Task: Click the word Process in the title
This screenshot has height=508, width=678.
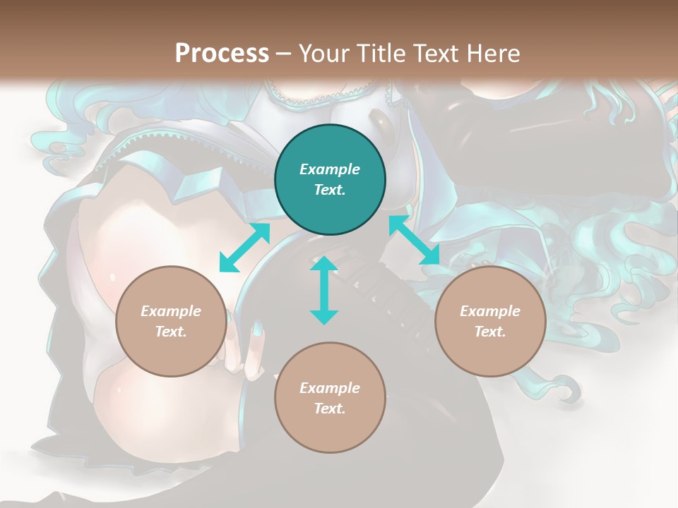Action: point(222,54)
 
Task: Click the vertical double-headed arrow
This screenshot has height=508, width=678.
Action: point(324,290)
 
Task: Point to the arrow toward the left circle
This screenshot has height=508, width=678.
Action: point(244,248)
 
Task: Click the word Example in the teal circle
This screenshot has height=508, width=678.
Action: point(330,169)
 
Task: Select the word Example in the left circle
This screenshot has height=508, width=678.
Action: point(171,311)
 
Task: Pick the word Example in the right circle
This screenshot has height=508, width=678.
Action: point(490,311)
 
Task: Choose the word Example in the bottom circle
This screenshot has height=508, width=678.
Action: point(330,388)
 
